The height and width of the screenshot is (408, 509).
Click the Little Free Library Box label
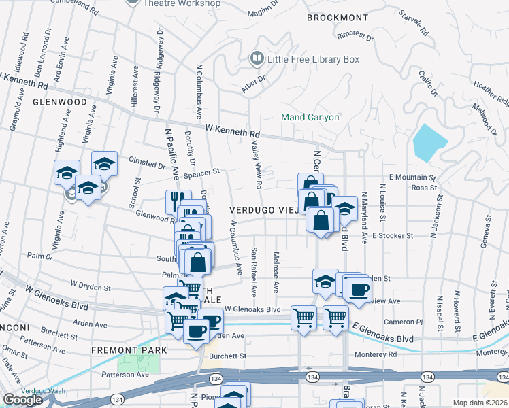(313, 60)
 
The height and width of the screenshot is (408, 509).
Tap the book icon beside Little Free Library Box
(257, 59)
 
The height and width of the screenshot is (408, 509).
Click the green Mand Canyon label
(310, 117)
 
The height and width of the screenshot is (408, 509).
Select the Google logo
(23, 400)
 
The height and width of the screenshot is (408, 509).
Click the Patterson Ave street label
(125, 374)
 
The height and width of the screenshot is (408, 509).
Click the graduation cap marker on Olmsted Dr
(103, 163)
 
